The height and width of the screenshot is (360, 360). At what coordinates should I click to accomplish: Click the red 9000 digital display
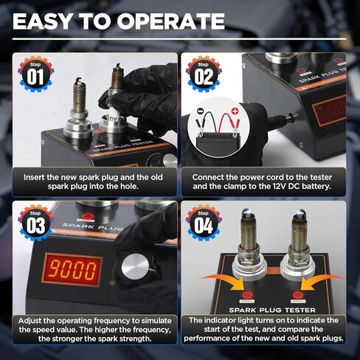click(x=72, y=270)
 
